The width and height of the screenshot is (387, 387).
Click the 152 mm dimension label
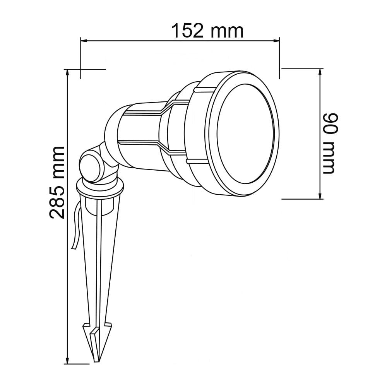207,31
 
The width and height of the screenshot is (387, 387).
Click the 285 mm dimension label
57,182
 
